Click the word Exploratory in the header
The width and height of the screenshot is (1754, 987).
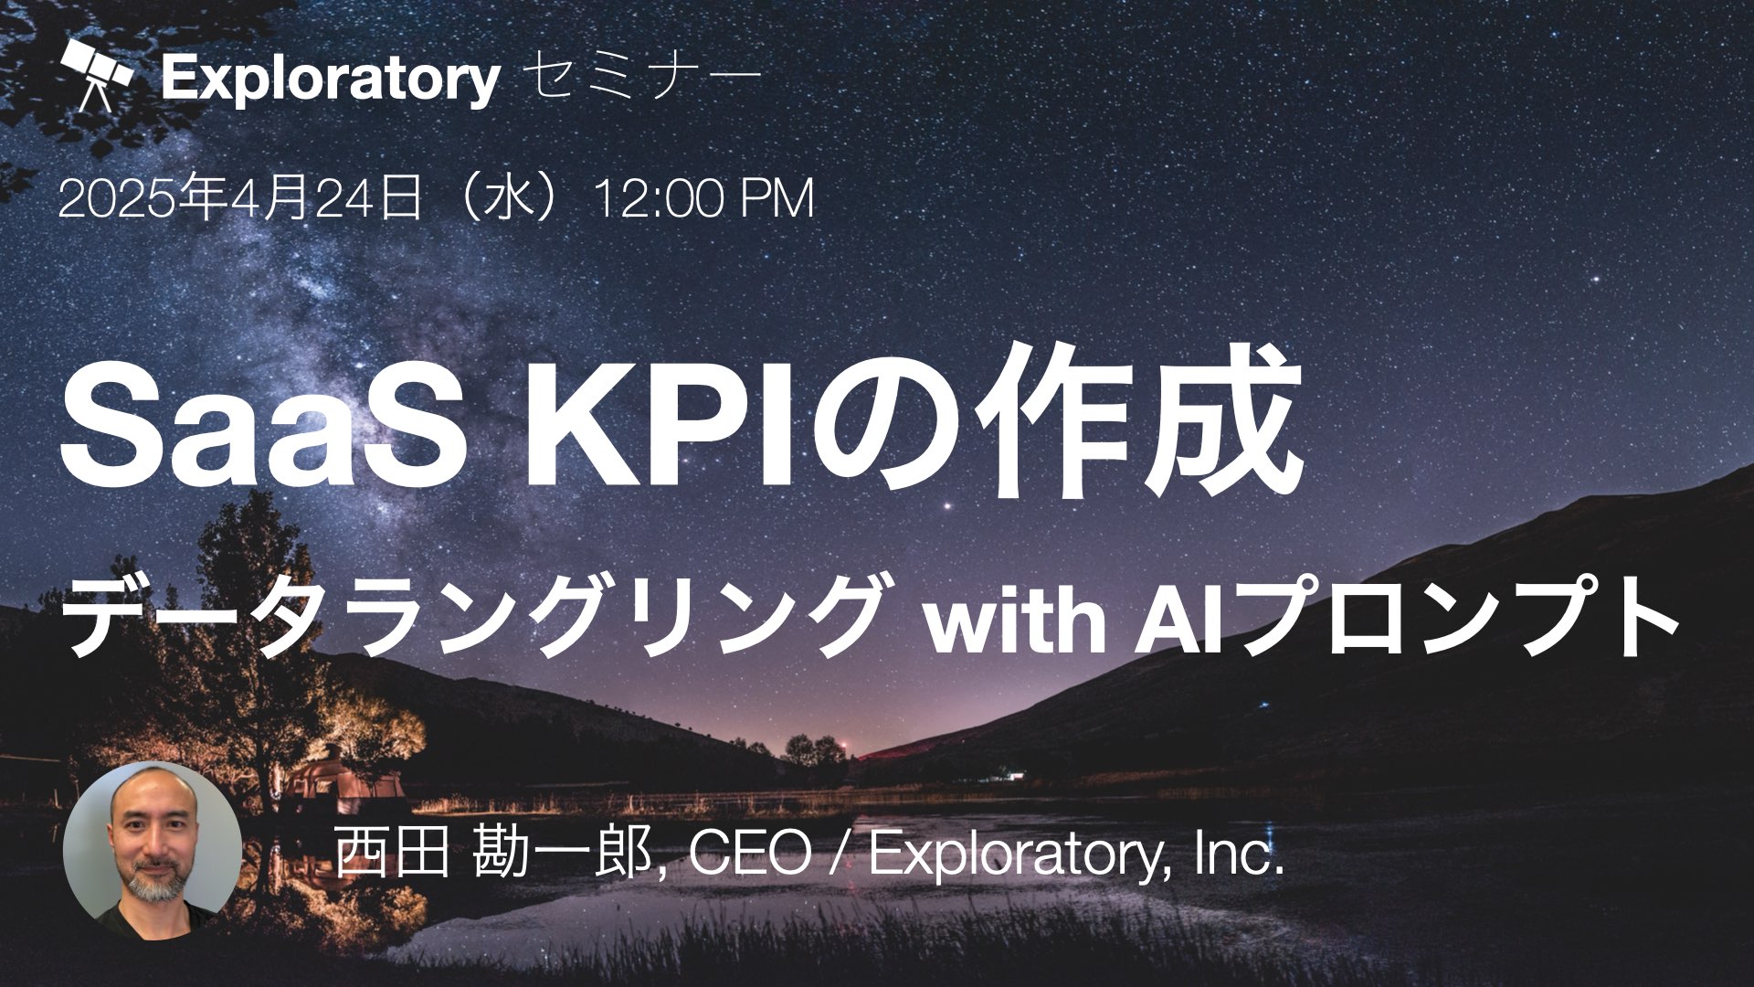tap(331, 80)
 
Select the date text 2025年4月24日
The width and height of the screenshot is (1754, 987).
tap(240, 200)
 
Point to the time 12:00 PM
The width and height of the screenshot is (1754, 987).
tap(703, 200)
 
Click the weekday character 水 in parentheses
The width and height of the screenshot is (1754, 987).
tap(508, 200)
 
